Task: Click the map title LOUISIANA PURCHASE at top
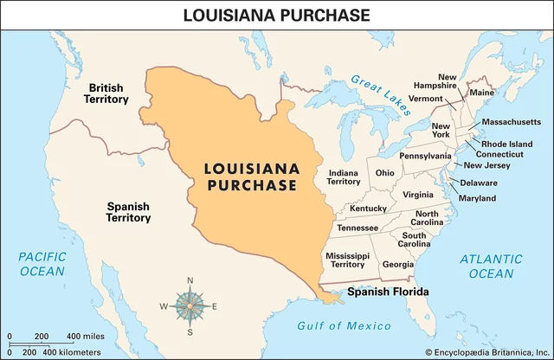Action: (x=276, y=14)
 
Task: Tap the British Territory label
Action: (x=107, y=93)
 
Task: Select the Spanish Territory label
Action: (x=128, y=213)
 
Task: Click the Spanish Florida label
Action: (x=388, y=292)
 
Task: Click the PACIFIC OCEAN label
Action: (x=42, y=264)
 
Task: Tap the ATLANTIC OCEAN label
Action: (x=491, y=266)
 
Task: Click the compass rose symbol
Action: (x=190, y=305)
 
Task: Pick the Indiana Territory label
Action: (x=344, y=177)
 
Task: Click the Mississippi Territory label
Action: (x=347, y=261)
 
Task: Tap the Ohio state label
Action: (x=384, y=173)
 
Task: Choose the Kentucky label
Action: (x=368, y=209)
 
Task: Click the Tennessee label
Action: (x=357, y=228)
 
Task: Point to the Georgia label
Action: (x=397, y=264)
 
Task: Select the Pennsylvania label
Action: (x=425, y=156)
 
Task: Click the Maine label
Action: (x=481, y=93)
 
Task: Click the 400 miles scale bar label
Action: (x=86, y=336)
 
